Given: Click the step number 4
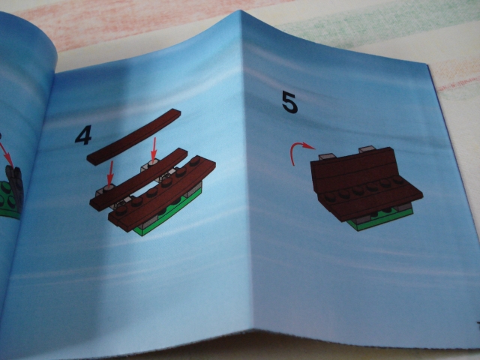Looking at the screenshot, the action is (83, 136).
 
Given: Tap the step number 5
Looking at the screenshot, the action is (289, 103).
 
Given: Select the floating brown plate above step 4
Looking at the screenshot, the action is (133, 136).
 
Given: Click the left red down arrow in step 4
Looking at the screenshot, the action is (109, 172).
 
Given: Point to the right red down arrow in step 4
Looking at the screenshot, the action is (154, 148).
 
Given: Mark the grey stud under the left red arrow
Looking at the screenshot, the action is (109, 187).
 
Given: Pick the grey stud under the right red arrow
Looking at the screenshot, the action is (153, 162).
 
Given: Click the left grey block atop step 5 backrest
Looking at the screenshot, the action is (327, 157).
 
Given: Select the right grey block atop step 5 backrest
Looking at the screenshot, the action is (367, 149).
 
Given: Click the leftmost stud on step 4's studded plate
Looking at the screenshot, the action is (121, 209).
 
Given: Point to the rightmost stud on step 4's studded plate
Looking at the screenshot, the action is (195, 161).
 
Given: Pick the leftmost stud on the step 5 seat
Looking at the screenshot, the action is (330, 197).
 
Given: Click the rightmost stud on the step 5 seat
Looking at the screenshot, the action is (398, 180).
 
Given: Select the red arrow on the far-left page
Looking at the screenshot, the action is (6, 154).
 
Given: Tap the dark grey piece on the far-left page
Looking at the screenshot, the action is (14, 187).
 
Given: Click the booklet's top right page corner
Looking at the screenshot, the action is (427, 64).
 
